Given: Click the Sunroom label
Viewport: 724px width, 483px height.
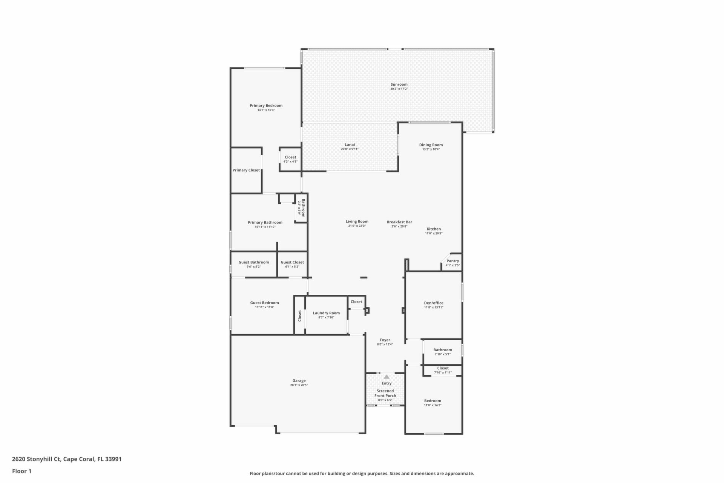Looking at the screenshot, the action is click(x=399, y=85).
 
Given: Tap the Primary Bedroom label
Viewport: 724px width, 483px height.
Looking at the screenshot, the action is click(x=266, y=106).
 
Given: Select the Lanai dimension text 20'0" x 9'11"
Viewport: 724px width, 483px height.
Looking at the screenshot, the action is click(x=350, y=149).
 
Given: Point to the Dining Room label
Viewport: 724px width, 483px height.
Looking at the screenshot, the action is click(x=431, y=145).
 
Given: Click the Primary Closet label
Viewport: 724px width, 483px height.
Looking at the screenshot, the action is click(x=246, y=170).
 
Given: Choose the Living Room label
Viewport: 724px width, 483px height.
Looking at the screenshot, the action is click(x=357, y=222).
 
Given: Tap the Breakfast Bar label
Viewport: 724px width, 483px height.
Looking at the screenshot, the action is click(x=399, y=222).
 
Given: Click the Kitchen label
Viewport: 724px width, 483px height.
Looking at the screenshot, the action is click(x=434, y=229).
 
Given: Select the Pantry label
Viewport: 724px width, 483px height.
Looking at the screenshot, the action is click(x=453, y=261).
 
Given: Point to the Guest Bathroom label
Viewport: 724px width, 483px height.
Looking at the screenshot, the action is click(x=254, y=262).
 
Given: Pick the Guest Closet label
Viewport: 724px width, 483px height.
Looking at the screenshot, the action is click(x=292, y=262).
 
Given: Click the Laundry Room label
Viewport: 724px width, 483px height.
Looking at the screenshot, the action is click(x=326, y=313).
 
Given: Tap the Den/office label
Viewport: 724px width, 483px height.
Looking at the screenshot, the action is click(x=434, y=303).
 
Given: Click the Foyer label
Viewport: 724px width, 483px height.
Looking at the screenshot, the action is click(x=385, y=340).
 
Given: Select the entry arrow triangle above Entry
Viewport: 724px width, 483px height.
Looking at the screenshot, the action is click(x=387, y=377).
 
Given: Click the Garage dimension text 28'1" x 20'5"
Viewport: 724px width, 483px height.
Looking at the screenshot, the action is click(x=299, y=385).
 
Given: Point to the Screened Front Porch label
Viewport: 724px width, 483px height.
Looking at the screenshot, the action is click(x=385, y=393).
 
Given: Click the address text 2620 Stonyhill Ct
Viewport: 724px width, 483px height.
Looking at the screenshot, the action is click(x=36, y=459).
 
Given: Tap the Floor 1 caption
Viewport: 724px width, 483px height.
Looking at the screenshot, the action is click(x=21, y=471).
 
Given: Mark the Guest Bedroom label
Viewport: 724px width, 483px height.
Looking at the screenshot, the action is click(x=264, y=303).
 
